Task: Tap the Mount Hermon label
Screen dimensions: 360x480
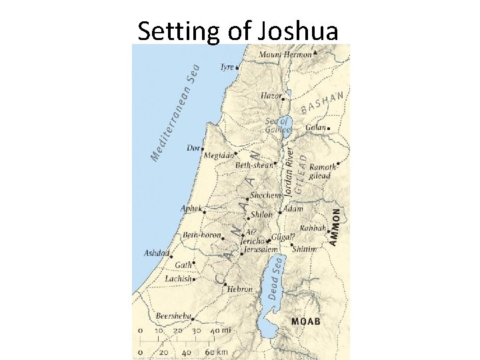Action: (x=285, y=55)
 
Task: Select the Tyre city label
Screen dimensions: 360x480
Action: (x=227, y=67)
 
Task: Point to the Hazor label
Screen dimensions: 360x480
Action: (x=271, y=96)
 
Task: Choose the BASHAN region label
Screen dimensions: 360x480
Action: (x=322, y=103)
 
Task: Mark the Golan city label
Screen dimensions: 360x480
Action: (x=315, y=127)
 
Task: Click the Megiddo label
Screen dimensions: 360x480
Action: (x=219, y=155)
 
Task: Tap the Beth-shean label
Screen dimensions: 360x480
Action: (x=254, y=165)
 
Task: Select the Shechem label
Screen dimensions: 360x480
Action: (x=265, y=196)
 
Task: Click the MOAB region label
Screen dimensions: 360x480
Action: (x=306, y=321)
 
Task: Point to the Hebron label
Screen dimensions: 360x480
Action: (x=239, y=289)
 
